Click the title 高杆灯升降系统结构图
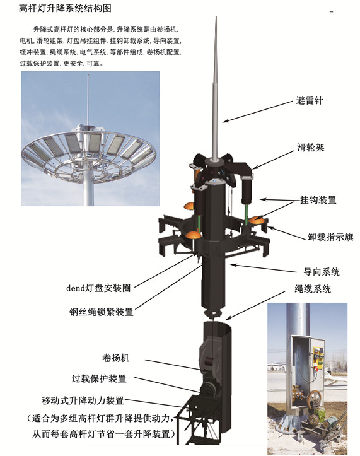pos(65,8)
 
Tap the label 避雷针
pos(310,101)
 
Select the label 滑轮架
pos(311,148)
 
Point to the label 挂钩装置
pos(318,200)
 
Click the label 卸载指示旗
pos(330,237)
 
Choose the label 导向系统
pos(322,272)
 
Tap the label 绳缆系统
pos(313,289)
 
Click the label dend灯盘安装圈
pos(98,288)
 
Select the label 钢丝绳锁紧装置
pos(102,312)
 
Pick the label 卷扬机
pos(116,358)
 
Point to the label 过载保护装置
pos(99,378)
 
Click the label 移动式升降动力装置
pos(83,400)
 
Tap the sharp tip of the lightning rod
pos(216,17)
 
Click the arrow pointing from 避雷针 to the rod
pos(258,112)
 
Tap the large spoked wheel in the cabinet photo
pos(315,397)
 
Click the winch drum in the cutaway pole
pos(210,362)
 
